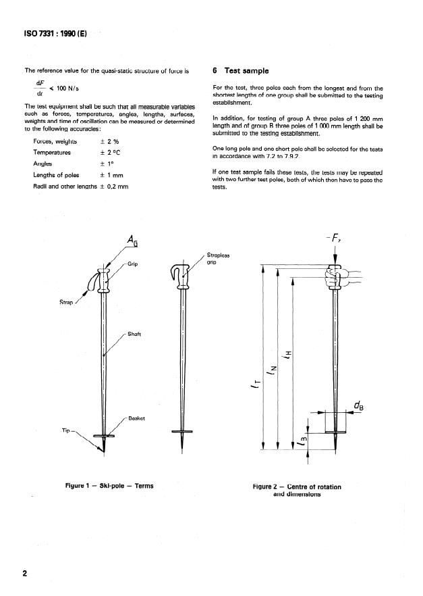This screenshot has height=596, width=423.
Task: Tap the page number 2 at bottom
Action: tap(25, 574)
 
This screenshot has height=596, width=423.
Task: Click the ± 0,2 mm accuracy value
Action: tap(107, 186)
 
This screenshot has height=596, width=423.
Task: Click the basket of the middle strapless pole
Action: tap(182, 430)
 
